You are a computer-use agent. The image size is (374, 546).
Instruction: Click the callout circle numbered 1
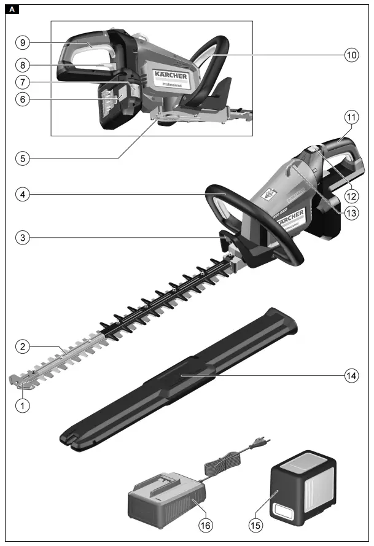[22, 405]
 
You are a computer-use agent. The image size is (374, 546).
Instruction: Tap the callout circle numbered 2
[22, 347]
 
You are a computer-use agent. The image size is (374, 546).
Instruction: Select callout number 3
[22, 237]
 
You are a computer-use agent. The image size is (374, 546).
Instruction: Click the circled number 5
[22, 157]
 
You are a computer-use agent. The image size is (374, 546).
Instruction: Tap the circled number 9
[22, 42]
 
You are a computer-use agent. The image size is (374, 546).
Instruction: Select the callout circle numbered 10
[351, 55]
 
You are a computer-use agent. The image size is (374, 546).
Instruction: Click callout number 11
[351, 117]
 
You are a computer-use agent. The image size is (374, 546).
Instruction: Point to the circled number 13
[351, 213]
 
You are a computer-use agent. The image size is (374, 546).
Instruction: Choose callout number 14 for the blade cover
[351, 376]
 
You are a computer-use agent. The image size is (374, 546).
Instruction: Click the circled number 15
[255, 525]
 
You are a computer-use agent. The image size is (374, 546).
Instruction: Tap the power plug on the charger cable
[262, 442]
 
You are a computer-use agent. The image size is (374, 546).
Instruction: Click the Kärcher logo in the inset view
[171, 76]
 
